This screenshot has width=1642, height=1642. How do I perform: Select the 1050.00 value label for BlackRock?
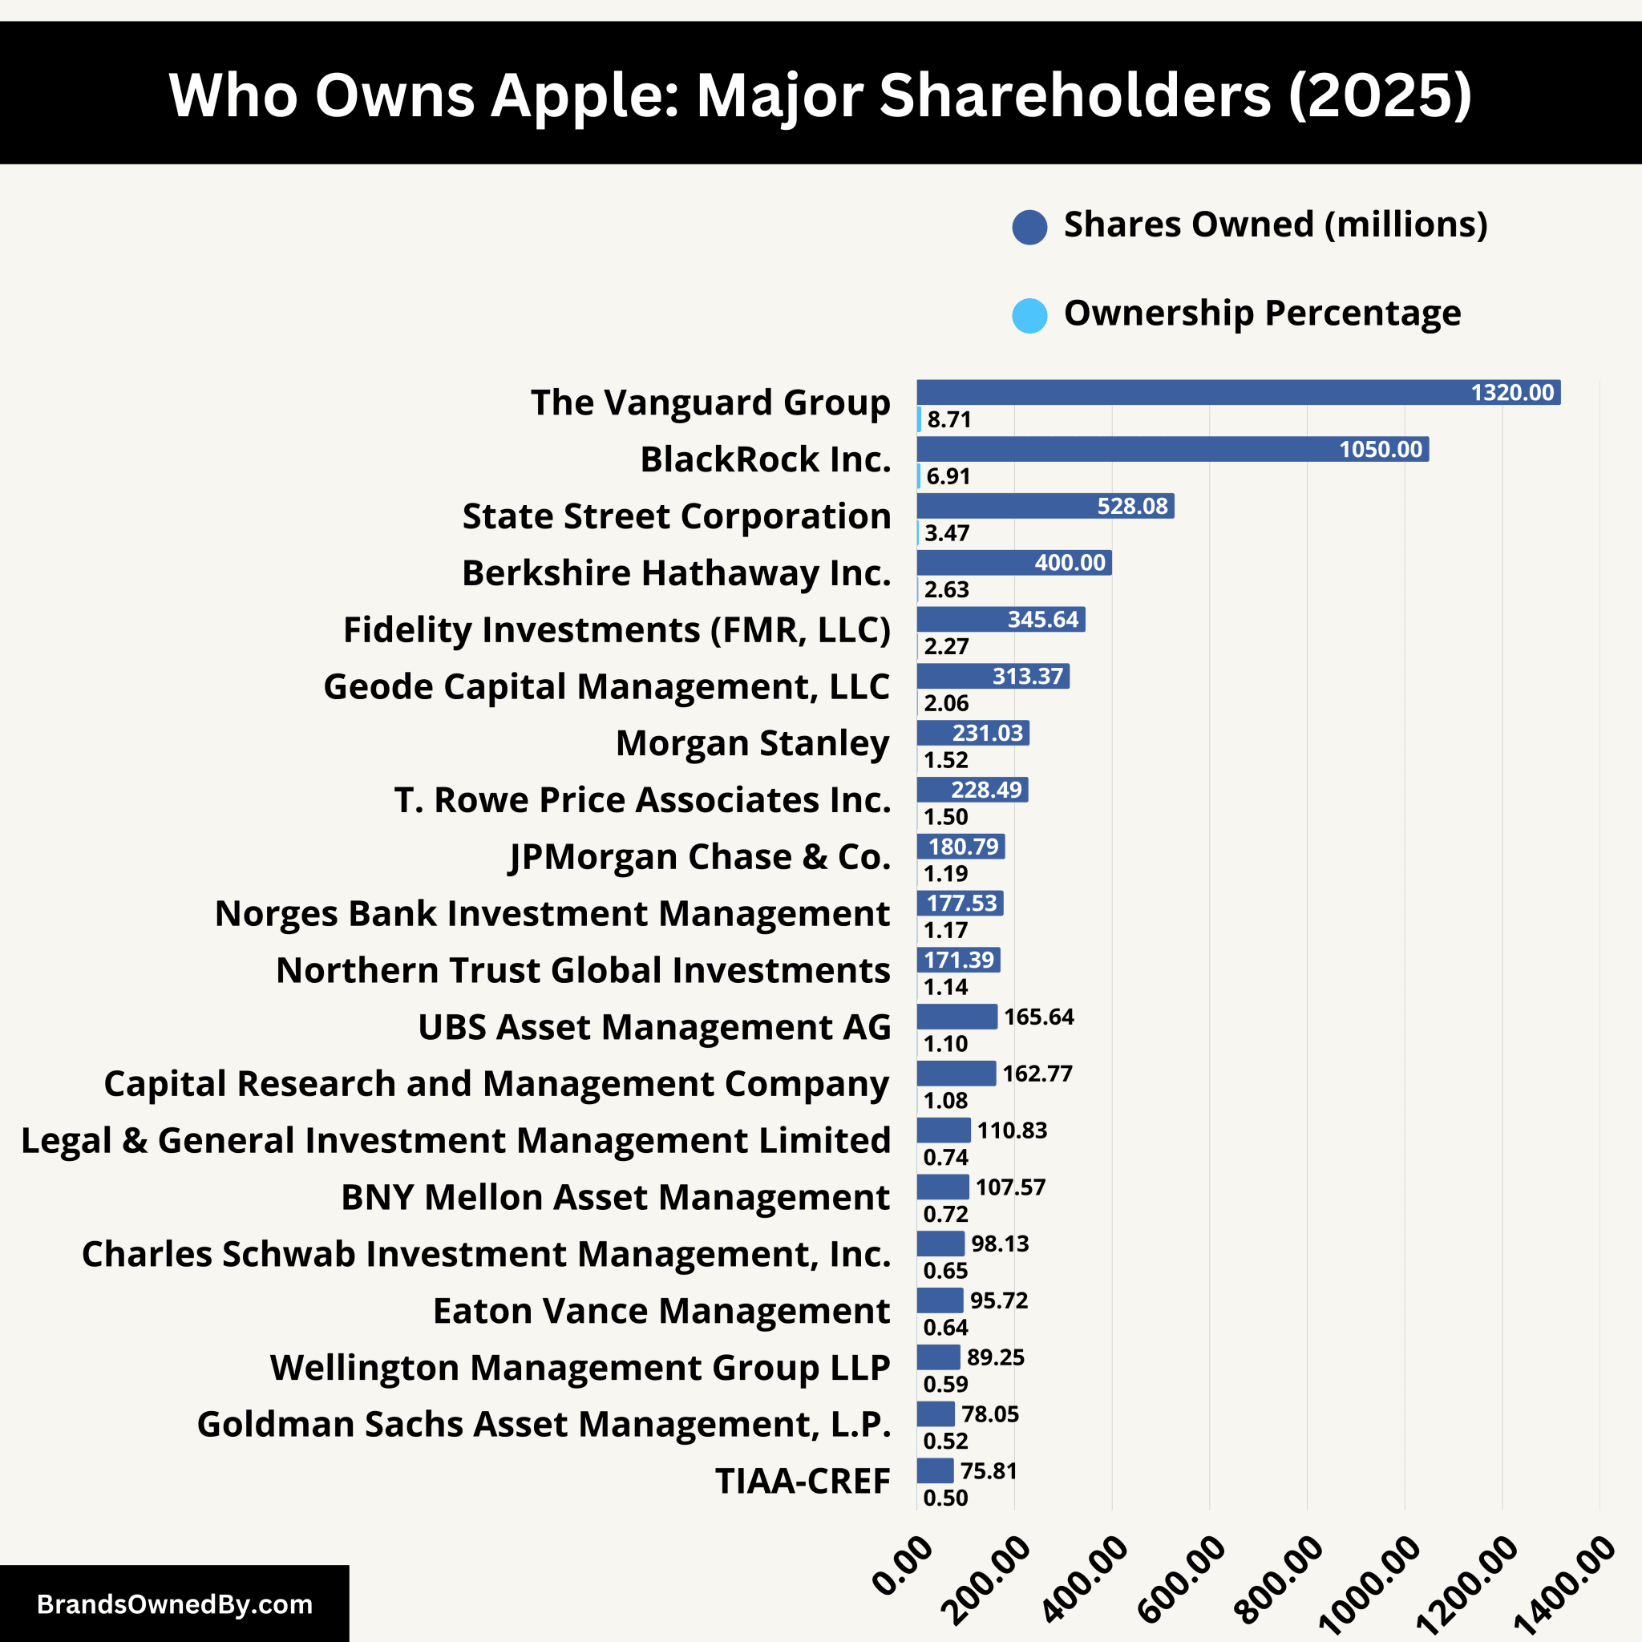coord(1381,449)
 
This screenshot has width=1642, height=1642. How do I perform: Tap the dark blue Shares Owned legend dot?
coord(1029,227)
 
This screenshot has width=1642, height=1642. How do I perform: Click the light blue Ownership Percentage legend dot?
coord(1029,315)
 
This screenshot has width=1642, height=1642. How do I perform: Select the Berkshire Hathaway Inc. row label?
coord(676,572)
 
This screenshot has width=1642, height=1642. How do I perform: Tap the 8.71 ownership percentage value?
coord(948,419)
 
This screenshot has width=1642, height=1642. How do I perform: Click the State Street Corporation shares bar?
coord(1045,506)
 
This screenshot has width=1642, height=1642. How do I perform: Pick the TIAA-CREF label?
coord(803,1481)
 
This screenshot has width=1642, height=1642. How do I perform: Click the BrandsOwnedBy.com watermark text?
coord(174,1604)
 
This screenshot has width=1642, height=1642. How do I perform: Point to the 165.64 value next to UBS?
coord(1038,1017)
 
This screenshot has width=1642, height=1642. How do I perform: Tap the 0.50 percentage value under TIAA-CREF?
coord(945,1498)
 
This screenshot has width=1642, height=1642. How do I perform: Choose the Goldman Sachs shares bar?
coord(936,1413)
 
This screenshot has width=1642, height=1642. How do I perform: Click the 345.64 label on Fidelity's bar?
coord(1043,619)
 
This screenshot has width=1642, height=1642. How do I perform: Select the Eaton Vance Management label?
coord(661,1311)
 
